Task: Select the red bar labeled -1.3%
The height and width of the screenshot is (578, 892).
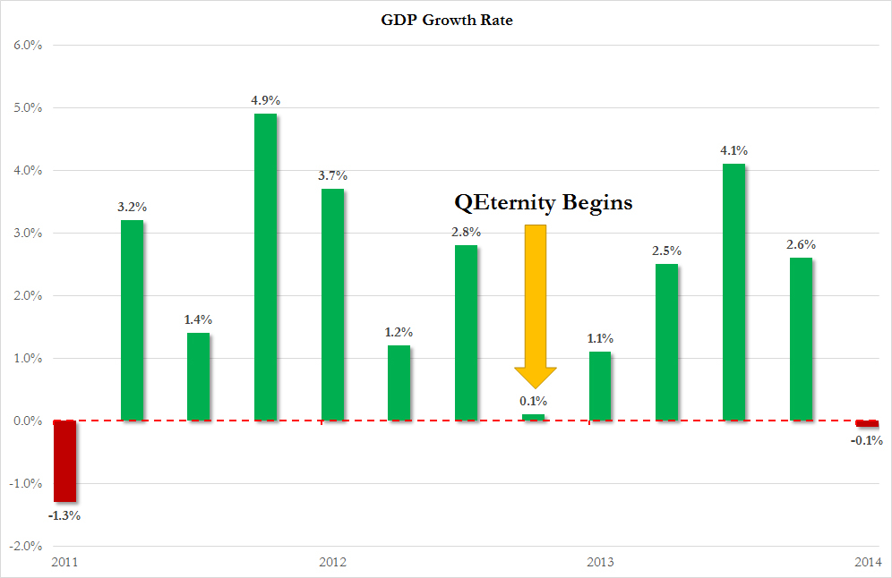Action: (x=64, y=461)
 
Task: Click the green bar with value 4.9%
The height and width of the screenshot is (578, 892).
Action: (x=265, y=267)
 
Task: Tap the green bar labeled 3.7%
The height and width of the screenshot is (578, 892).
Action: (x=332, y=304)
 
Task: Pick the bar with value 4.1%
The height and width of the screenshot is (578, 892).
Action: (x=733, y=292)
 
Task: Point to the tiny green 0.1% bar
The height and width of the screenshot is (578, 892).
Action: (x=533, y=417)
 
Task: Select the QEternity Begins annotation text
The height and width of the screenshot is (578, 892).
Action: (x=544, y=203)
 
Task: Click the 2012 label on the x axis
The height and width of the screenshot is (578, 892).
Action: (x=332, y=562)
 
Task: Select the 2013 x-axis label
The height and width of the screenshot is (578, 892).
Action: (x=600, y=562)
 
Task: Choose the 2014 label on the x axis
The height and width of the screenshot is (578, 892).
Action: (x=867, y=562)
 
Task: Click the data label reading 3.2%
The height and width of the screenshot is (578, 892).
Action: (x=132, y=208)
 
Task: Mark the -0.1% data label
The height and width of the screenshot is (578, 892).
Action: (x=867, y=440)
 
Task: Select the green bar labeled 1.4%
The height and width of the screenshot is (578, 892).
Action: (x=198, y=377)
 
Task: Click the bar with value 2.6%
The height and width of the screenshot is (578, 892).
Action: (x=801, y=339)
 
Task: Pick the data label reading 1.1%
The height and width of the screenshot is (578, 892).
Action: (x=600, y=339)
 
